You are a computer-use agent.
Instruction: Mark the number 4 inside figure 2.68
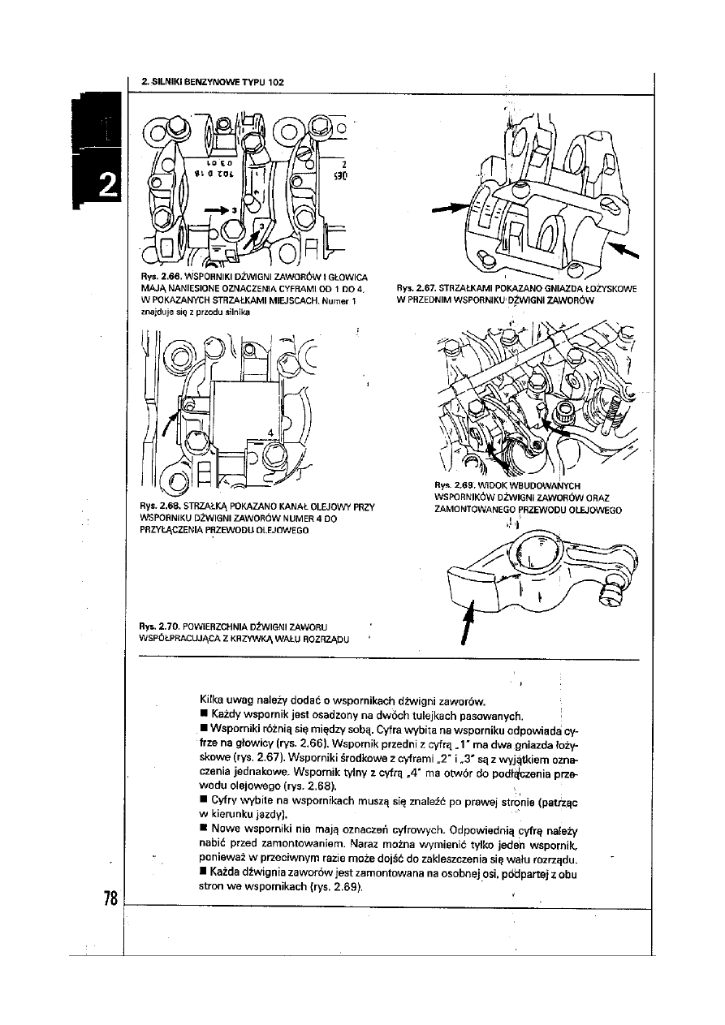pyautogui.click(x=268, y=431)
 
